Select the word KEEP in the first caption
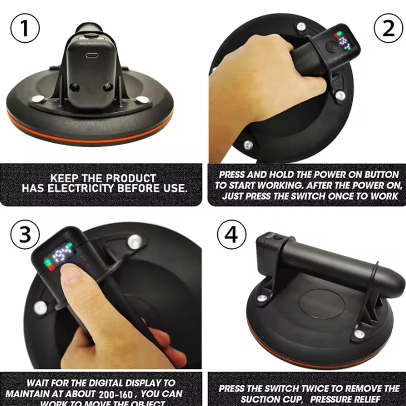click(67, 178)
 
